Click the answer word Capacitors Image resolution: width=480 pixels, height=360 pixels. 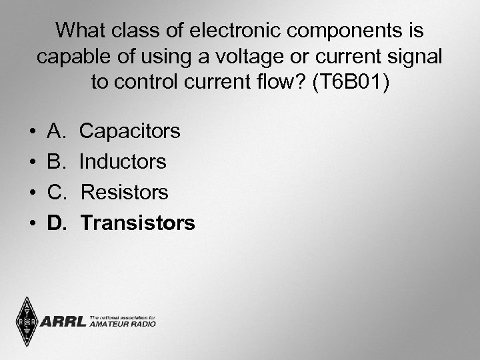tap(129, 131)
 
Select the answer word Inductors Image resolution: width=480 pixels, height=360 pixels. tap(123, 162)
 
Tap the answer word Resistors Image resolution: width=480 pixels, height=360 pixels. tap(124, 193)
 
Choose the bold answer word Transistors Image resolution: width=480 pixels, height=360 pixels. tap(138, 223)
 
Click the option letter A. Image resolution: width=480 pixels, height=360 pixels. tap(55, 131)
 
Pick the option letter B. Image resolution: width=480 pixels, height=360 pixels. tap(55, 162)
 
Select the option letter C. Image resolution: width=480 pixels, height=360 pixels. tap(56, 193)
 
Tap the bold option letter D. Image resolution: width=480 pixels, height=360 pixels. tap(56, 223)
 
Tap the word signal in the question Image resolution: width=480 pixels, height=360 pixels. tap(411, 57)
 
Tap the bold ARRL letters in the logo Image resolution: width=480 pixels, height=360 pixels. tap(63, 323)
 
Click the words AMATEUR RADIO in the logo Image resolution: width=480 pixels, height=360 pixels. tap(123, 324)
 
